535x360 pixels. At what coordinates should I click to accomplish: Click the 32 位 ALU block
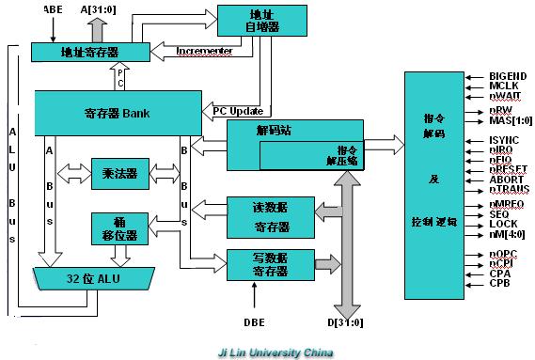pos(94,278)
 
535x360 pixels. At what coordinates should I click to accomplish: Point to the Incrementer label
pos(207,51)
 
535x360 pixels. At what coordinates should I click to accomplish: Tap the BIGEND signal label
pos(508,76)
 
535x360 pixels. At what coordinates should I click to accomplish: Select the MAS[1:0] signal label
pos(511,121)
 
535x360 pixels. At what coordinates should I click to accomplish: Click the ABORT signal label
pos(506,179)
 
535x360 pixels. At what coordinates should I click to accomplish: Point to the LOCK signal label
pos(503,225)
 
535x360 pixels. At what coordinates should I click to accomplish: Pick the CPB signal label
pos(499,283)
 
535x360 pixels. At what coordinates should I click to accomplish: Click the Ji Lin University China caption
pos(268,352)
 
